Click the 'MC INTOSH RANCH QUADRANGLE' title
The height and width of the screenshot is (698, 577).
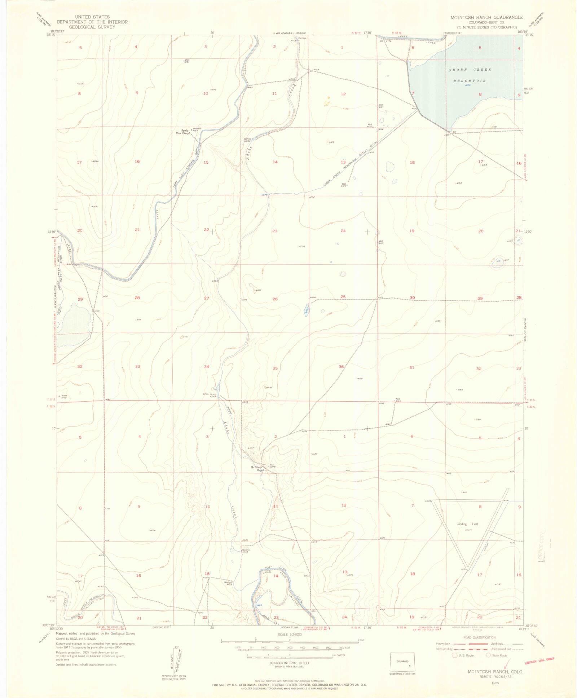(486, 17)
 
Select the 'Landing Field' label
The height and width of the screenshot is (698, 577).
(467, 524)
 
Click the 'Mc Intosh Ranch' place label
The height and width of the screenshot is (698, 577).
(258, 469)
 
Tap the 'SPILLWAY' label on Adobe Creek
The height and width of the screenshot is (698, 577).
(210, 394)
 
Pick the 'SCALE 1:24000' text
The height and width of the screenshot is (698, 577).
(290, 635)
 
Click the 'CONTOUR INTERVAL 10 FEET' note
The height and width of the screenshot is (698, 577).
(290, 663)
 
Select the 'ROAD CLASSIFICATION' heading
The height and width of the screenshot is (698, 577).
(479, 637)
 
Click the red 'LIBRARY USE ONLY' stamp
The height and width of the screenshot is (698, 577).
(539, 661)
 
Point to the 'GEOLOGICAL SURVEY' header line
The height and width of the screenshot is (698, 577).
(92, 27)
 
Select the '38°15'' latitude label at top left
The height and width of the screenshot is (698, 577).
(50, 35)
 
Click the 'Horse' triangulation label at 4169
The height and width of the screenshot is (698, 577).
(64, 396)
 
